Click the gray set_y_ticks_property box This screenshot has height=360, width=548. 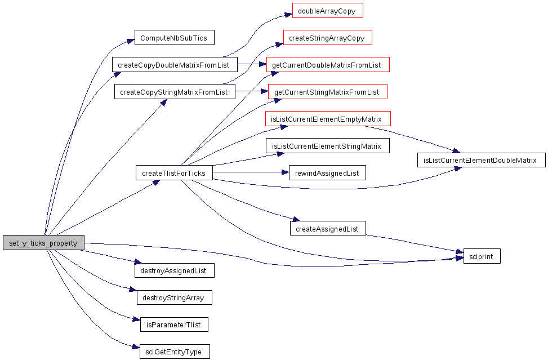44,243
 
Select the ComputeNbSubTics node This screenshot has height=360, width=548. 175,38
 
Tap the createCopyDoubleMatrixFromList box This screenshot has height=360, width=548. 175,65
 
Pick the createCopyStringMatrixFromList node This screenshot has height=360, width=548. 175,92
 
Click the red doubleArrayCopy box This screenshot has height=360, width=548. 328,11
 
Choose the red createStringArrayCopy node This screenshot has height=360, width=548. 328,38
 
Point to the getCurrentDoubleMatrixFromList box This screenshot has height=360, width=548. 328,65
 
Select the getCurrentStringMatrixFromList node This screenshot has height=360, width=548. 328,92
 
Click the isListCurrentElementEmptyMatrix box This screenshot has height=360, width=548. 328,119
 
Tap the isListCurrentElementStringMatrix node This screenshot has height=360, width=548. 328,146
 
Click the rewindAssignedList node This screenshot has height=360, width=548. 327,173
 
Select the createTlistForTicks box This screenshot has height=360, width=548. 174,173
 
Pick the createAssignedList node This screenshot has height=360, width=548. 328,229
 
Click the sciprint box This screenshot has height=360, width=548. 482,256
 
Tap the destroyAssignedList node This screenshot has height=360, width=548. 175,270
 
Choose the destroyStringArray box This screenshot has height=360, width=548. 175,297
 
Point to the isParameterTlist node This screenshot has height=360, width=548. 175,325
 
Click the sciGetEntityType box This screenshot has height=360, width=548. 175,352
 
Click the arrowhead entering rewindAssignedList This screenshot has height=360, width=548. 285,172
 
